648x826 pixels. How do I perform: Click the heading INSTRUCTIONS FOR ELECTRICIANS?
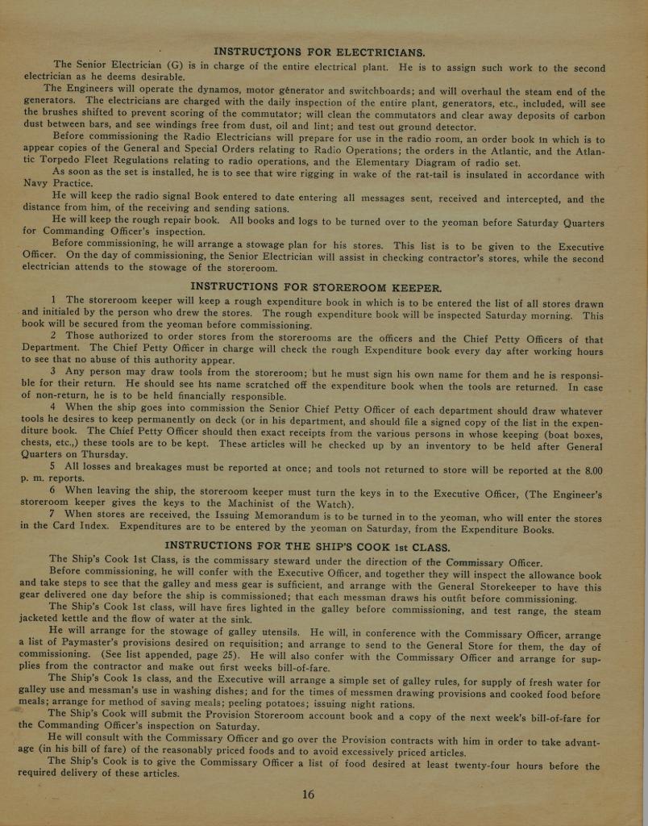[x=319, y=53]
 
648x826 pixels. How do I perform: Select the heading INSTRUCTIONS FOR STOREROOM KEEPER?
[x=315, y=286]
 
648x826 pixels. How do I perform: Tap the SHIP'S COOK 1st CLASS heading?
[x=307, y=546]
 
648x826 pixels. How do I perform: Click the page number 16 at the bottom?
[x=308, y=795]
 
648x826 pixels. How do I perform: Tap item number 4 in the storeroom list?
[x=52, y=407]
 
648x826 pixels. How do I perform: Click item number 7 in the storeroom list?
[x=52, y=515]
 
